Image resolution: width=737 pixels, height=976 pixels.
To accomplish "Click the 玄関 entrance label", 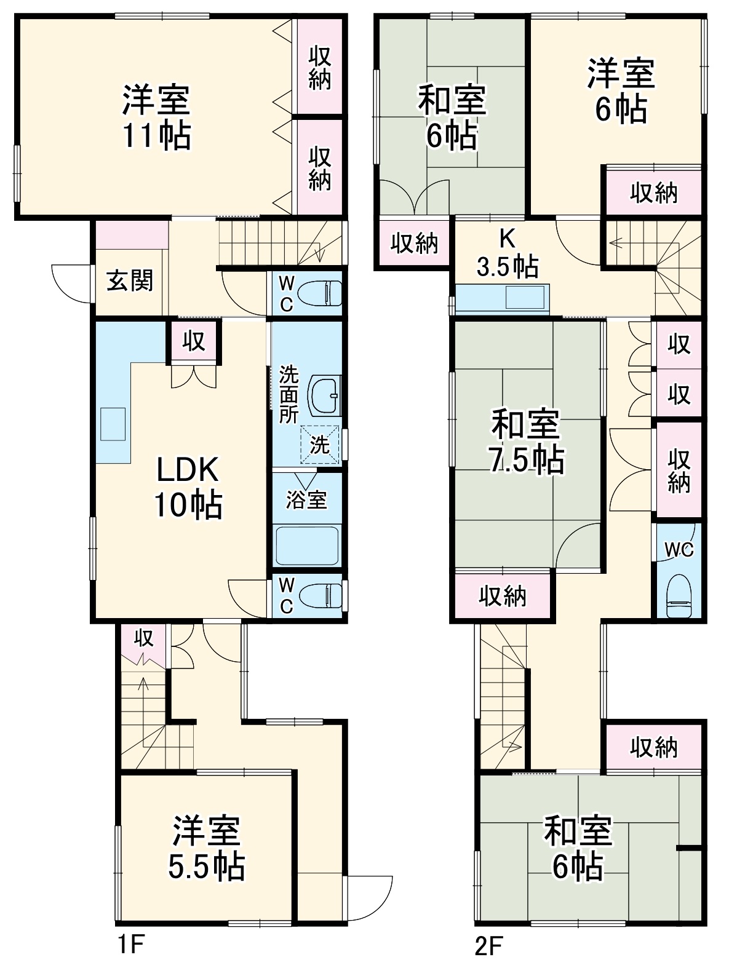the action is (x=129, y=280).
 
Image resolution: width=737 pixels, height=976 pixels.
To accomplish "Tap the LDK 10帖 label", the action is (x=188, y=487).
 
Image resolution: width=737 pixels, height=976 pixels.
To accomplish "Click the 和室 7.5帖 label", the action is (x=527, y=442).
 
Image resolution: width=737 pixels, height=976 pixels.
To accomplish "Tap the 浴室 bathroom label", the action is (x=306, y=500).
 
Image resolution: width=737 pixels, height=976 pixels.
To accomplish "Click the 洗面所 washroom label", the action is (x=288, y=394).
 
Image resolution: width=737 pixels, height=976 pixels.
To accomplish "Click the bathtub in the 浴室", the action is (x=307, y=545).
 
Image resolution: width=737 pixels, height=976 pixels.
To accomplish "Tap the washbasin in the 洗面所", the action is (x=324, y=395).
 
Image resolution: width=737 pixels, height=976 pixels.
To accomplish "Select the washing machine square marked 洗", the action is (x=319, y=444).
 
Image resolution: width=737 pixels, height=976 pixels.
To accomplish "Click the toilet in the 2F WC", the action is (x=679, y=596).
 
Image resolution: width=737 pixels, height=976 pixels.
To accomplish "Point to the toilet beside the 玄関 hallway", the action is (x=319, y=293).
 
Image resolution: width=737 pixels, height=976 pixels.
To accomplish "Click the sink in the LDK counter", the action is (x=113, y=424).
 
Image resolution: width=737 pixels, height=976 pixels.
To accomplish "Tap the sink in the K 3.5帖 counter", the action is (x=525, y=297).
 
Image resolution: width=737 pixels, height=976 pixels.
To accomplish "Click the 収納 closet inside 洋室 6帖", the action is (x=653, y=192).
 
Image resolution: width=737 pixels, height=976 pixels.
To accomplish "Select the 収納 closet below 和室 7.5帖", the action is (x=503, y=596).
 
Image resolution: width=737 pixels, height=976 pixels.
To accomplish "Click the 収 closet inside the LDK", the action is (x=194, y=341).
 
